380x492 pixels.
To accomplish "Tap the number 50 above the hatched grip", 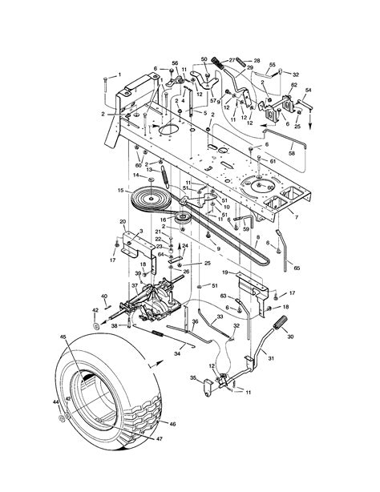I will (x=204, y=59).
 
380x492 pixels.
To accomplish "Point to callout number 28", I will (x=257, y=60).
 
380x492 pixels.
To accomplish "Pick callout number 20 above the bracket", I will (x=123, y=221).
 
